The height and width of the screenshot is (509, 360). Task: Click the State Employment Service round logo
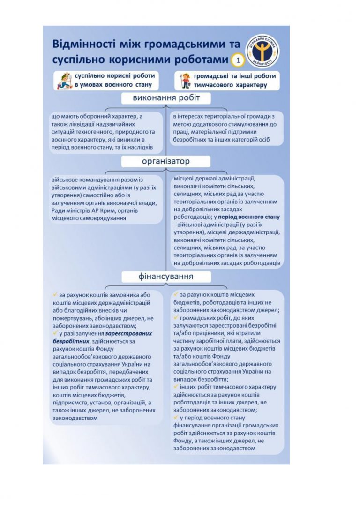pos(262,52)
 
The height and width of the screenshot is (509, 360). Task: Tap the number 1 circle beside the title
pos(238,60)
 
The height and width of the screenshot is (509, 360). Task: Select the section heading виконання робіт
pos(166,98)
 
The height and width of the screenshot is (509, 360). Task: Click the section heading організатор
pos(166,161)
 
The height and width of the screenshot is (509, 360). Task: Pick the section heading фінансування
pos(166,277)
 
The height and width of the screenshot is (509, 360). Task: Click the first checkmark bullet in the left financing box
pos(55,294)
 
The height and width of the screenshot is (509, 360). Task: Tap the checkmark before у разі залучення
pos(55,332)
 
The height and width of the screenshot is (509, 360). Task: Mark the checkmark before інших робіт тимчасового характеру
pos(176,387)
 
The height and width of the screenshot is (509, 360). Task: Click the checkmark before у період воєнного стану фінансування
pos(176,417)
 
